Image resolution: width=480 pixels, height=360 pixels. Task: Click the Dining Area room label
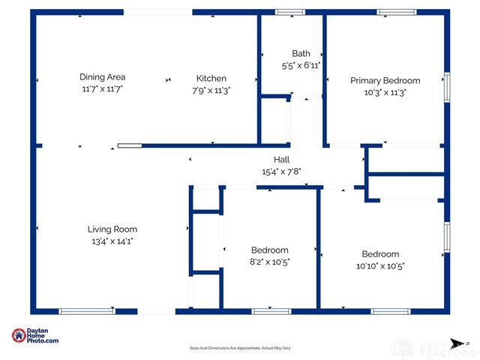click(102, 76)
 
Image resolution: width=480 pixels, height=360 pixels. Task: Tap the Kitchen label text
click(211, 78)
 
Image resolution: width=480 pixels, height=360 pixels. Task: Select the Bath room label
click(301, 53)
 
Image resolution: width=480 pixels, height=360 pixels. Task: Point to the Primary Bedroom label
click(385, 80)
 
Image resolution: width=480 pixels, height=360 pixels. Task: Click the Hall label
click(281, 160)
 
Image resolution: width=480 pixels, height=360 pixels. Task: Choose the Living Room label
click(112, 229)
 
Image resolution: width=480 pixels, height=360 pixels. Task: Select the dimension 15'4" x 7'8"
click(281, 172)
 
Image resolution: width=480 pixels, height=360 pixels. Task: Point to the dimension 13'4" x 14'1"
click(112, 241)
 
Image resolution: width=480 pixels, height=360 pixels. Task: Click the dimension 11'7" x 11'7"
click(102, 88)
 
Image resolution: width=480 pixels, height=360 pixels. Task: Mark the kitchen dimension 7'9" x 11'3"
click(211, 90)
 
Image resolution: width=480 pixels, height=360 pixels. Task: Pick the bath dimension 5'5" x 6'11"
click(301, 65)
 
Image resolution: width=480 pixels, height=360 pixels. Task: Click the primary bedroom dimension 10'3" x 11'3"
click(385, 94)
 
